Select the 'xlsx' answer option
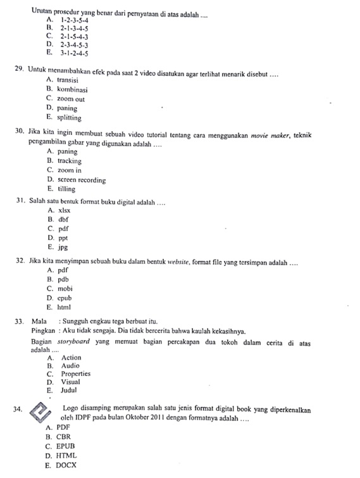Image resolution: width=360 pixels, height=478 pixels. click(64, 210)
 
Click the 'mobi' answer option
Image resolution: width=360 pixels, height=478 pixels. click(65, 288)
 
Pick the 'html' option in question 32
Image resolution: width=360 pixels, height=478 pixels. click(64, 307)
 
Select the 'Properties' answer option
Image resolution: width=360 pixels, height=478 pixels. click(75, 374)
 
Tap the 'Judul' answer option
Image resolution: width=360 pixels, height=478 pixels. click(68, 391)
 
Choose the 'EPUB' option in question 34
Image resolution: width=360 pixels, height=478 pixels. click(66, 446)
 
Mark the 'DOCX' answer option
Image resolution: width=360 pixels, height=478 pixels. click(66, 465)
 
